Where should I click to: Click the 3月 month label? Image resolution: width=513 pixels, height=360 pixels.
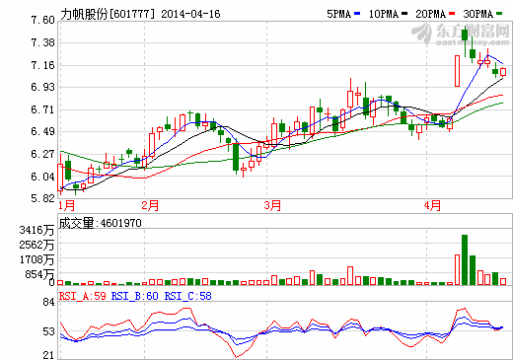pyautogui.click(x=273, y=206)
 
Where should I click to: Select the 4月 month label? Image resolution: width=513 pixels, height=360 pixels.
pyautogui.click(x=430, y=206)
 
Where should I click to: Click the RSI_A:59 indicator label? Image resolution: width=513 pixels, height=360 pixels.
pyautogui.click(x=83, y=294)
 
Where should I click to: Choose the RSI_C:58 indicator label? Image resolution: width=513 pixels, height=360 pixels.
pyautogui.click(x=187, y=294)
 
